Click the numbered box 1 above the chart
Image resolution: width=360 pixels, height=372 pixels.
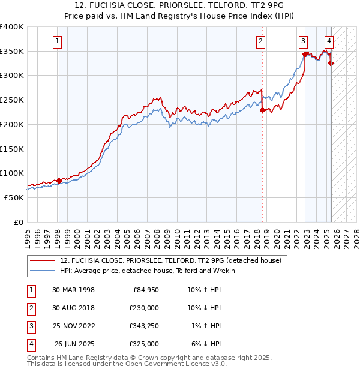[x=57, y=41]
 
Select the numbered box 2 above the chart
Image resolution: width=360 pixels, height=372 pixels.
[x=261, y=41]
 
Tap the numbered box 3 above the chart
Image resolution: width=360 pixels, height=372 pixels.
[x=304, y=41]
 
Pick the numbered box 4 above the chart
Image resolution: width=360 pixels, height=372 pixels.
[x=329, y=41]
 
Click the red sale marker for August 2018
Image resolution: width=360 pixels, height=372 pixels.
[x=262, y=110]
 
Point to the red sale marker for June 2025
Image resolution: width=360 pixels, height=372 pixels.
[x=331, y=63]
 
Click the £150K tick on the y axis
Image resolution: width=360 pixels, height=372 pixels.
[x=11, y=148]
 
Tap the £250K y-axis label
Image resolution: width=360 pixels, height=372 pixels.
[x=11, y=100]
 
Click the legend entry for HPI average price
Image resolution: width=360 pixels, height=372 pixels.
[x=147, y=271]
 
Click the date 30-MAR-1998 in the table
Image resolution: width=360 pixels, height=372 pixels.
[x=74, y=290]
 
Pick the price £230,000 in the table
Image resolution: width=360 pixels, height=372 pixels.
[x=144, y=308]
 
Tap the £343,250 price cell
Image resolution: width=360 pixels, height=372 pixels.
[x=144, y=326]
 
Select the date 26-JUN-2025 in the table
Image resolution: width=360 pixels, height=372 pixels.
[x=75, y=344]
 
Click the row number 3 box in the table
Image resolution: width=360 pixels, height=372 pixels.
[x=30, y=326]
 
